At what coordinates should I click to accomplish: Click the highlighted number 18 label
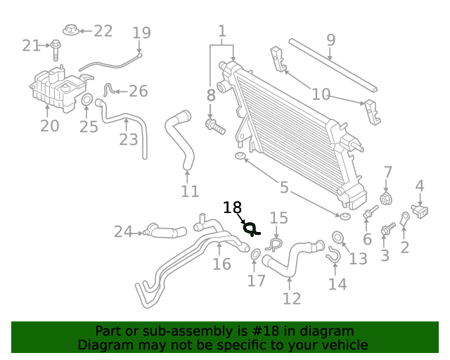[x=232, y=207]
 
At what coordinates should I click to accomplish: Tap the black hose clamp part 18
[x=250, y=228]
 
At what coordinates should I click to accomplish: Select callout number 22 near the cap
[x=103, y=31]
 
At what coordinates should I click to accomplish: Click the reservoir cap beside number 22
[x=70, y=30]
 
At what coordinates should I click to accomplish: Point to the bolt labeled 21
[x=56, y=46]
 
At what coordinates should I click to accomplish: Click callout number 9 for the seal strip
[x=331, y=40]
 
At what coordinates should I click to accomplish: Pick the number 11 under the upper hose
[x=190, y=191]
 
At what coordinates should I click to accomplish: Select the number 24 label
[x=123, y=231]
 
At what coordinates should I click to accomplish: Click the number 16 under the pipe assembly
[x=221, y=264]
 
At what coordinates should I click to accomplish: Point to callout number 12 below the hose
[x=291, y=298]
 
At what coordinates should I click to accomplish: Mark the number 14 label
[x=337, y=284]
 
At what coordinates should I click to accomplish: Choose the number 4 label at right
[x=420, y=186]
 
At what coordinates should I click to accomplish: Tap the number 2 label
[x=405, y=247]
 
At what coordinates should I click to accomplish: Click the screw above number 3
[x=387, y=229]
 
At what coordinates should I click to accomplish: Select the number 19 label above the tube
[x=141, y=32]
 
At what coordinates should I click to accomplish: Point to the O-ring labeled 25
[x=88, y=101]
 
